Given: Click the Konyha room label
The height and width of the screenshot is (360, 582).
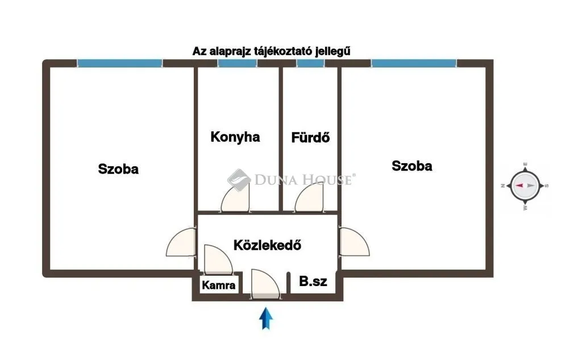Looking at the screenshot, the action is [x=235, y=137].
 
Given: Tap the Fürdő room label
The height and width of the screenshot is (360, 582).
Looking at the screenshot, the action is [x=310, y=138].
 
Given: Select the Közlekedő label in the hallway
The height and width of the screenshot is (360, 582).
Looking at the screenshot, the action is [x=267, y=245].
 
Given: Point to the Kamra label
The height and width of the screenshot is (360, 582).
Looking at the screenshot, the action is [x=219, y=285].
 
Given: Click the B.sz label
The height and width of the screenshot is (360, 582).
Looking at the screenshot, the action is [x=313, y=282].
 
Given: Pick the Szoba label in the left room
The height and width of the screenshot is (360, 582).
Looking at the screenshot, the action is [x=118, y=169].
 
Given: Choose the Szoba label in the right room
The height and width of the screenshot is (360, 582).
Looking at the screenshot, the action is [x=412, y=165].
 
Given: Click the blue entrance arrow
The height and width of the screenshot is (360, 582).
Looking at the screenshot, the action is [x=266, y=318].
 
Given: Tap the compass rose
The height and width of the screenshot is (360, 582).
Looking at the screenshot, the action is [x=525, y=186].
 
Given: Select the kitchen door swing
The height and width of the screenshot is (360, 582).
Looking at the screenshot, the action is [x=235, y=198].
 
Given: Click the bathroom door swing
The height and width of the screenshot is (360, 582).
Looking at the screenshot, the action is [x=309, y=198].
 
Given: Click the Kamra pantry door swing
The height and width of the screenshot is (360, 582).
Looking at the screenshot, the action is [x=218, y=259].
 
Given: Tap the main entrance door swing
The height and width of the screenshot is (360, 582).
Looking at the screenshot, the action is [x=265, y=284].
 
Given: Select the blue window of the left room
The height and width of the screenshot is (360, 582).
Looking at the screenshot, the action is [x=120, y=63].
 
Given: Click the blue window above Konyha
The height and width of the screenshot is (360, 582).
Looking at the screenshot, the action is [x=238, y=63].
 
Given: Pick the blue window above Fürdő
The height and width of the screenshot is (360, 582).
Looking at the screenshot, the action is [x=311, y=63].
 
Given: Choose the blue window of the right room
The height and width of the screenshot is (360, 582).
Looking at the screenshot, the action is [x=414, y=63].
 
